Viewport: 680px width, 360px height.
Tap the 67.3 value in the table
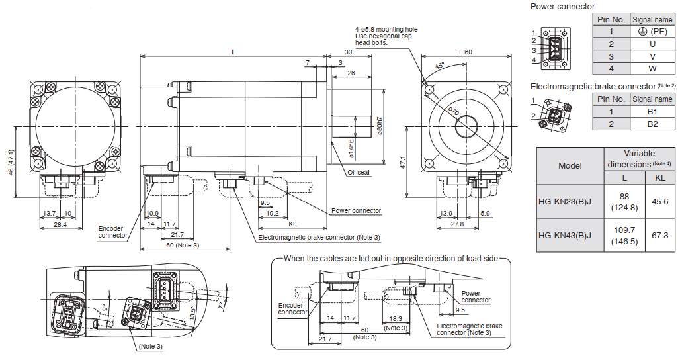tap(660, 235)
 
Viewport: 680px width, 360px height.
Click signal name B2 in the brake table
tap(652, 124)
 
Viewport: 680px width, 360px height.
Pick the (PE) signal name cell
tap(652, 31)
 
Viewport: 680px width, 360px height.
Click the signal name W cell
tap(652, 68)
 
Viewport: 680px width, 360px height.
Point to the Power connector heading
tap(562, 7)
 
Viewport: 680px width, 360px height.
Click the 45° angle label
tap(440, 66)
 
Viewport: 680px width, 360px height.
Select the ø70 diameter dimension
tap(454, 112)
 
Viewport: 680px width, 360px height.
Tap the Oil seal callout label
tap(359, 173)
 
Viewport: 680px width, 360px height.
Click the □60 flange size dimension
tap(466, 52)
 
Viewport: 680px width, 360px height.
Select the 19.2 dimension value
tap(272, 213)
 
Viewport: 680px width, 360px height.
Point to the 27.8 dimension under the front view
tap(456, 224)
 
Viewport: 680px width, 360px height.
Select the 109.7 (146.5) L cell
tap(624, 235)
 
